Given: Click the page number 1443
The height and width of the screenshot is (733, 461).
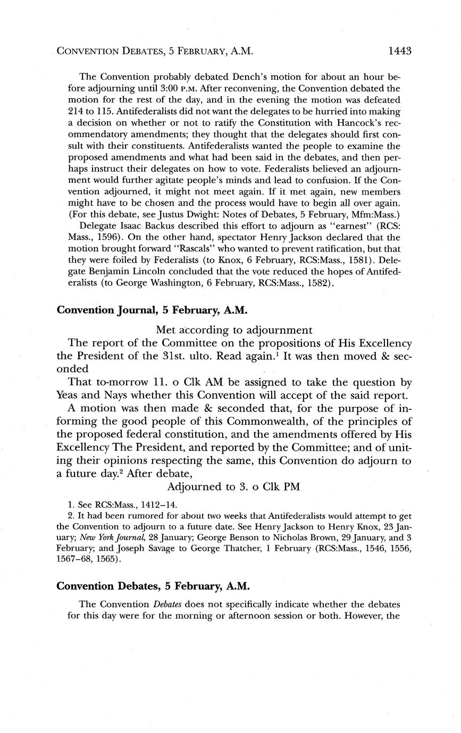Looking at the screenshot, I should (x=400, y=51).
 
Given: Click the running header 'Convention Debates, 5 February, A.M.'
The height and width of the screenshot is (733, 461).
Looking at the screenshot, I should (x=154, y=52).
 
